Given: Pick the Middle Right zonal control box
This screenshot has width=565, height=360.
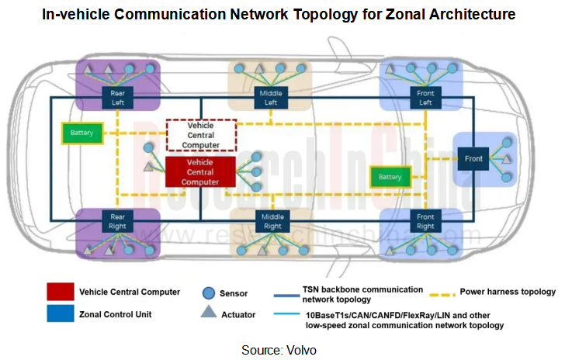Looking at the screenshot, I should pos(272,221).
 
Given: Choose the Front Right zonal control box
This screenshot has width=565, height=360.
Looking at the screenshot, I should pos(425,221).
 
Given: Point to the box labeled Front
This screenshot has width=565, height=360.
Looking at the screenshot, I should pos(474,158).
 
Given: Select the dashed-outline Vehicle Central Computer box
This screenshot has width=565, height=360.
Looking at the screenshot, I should pos(200,135).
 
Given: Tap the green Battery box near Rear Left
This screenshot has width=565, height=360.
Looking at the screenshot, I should pos(81,133).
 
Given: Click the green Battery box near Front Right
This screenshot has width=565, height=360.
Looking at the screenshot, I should pos(390,177).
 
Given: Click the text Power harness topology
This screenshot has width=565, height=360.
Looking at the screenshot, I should pos(507,292).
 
